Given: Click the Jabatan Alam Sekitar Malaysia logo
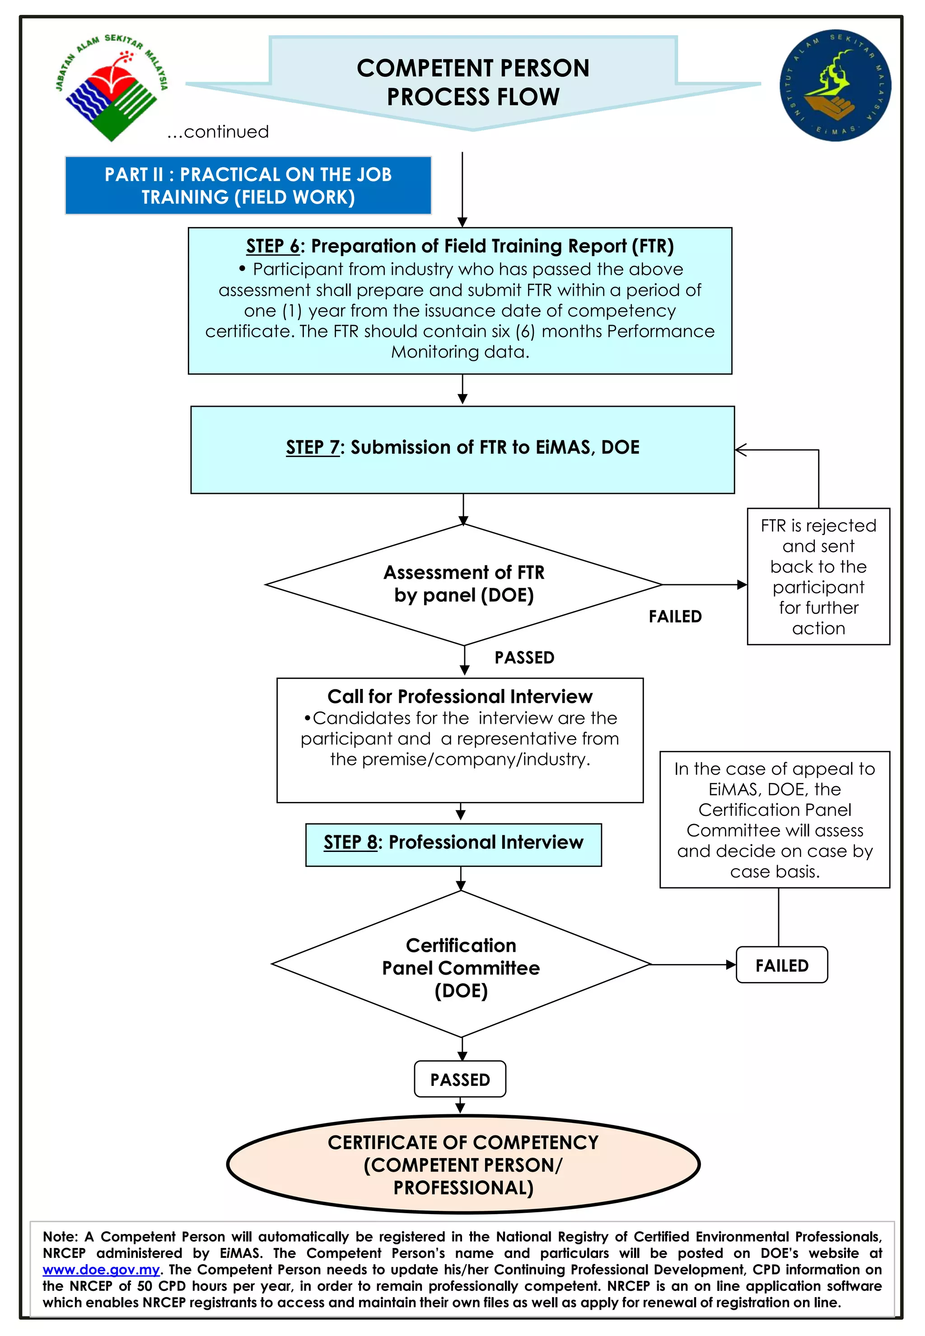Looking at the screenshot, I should pyautogui.click(x=111, y=87).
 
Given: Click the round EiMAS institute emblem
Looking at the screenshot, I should pyautogui.click(x=835, y=85).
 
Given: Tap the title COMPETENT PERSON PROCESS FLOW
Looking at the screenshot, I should pyautogui.click(x=473, y=82).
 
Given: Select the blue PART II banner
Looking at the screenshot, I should pyautogui.click(x=248, y=186).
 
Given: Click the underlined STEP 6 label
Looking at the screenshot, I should pyautogui.click(x=272, y=246).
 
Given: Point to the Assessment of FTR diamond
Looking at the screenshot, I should pyautogui.click(x=464, y=584).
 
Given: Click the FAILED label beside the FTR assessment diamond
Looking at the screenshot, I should pyautogui.click(x=675, y=616).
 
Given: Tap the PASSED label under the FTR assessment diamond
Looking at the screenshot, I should pyautogui.click(x=524, y=657).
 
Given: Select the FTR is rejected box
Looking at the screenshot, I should pyautogui.click(x=818, y=577).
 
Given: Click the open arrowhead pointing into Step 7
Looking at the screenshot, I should pyautogui.click(x=741, y=450).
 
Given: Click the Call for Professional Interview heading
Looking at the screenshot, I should pyautogui.click(x=460, y=696).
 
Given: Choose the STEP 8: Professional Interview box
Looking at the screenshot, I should pyautogui.click(x=453, y=845).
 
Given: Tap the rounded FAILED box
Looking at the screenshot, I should pyautogui.click(x=782, y=965).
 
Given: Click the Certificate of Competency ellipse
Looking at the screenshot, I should pyautogui.click(x=463, y=1165).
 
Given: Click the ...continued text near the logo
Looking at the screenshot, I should pyautogui.click(x=218, y=132).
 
